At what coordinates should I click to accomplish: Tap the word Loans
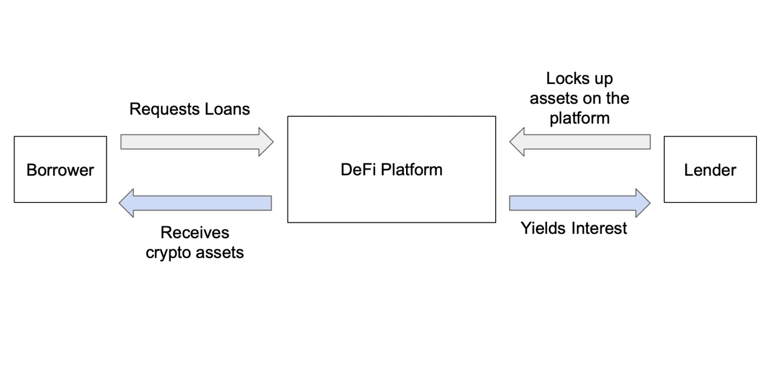coord(228,109)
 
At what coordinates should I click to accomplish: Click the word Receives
coord(195,232)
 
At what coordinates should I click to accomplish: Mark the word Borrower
coord(60,170)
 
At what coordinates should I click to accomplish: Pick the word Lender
coord(710,170)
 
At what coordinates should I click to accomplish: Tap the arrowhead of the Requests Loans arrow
coord(266,141)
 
